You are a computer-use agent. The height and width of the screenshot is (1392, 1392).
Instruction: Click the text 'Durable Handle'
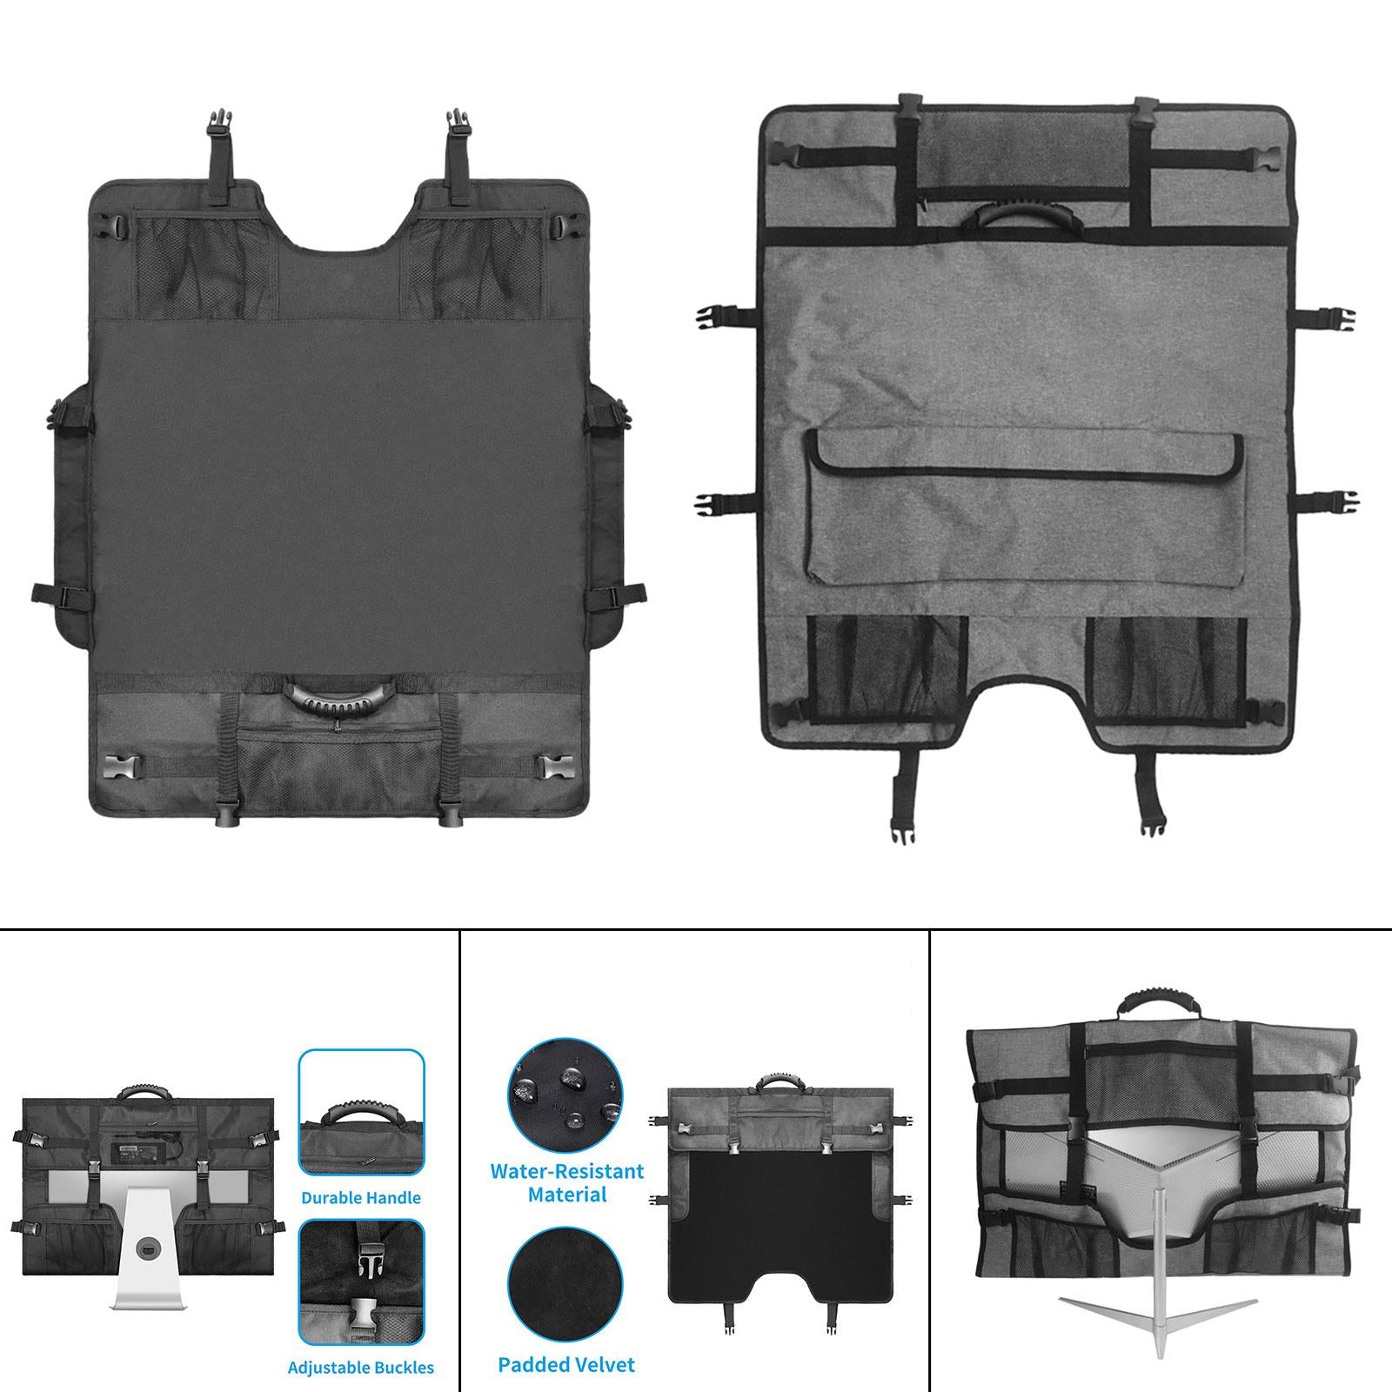click(x=361, y=1197)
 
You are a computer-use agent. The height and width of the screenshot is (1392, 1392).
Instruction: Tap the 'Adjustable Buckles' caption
click(x=361, y=1368)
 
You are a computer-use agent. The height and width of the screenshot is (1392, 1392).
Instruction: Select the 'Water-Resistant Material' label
click(x=566, y=1182)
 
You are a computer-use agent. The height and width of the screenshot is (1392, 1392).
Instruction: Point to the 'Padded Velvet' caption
click(x=566, y=1365)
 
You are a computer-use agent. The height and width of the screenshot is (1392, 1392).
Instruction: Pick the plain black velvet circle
click(x=565, y=1286)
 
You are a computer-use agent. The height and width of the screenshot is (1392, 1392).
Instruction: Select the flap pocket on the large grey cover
click(x=1024, y=509)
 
